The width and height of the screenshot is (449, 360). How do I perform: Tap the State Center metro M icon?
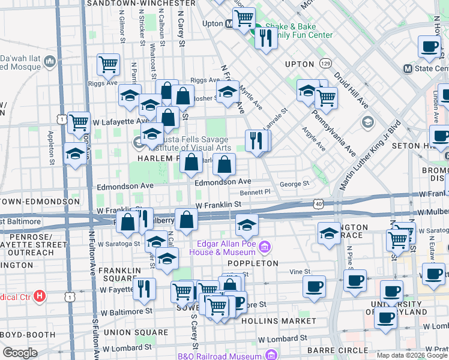(x=408, y=68)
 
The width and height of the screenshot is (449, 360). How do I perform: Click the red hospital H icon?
(x=40, y=295)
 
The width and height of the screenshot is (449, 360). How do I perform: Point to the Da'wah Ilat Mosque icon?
(x=50, y=61)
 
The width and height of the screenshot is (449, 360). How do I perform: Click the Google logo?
(x=20, y=353)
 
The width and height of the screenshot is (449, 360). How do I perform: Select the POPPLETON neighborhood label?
(x=253, y=263)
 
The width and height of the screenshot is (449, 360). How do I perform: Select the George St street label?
(x=294, y=184)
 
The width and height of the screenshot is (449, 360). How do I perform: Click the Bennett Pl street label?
(x=255, y=193)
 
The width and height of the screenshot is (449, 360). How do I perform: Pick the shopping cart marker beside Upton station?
(x=244, y=18)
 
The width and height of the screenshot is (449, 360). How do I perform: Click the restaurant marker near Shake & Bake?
(x=265, y=38)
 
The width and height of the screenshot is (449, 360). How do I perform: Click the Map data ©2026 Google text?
(x=412, y=355)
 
